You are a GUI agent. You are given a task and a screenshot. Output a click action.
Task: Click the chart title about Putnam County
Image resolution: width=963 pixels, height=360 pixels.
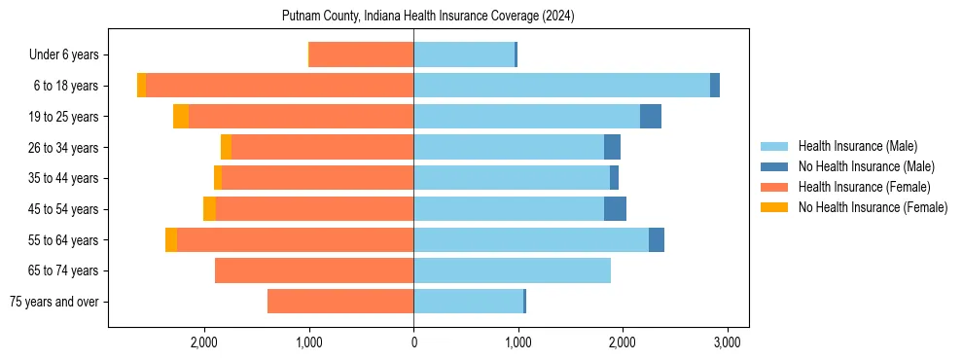(x=428, y=17)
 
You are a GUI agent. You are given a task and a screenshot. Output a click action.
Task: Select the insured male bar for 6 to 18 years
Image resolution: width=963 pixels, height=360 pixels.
(x=561, y=86)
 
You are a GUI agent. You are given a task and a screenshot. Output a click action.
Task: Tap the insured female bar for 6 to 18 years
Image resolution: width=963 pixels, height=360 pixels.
(x=279, y=86)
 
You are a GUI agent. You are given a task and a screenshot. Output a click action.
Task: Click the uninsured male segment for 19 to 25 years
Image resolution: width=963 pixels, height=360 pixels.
(x=651, y=117)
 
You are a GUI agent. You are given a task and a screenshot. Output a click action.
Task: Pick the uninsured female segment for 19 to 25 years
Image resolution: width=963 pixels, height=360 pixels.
(x=181, y=117)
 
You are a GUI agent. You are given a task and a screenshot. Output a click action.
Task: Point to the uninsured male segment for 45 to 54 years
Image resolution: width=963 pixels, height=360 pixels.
(x=615, y=209)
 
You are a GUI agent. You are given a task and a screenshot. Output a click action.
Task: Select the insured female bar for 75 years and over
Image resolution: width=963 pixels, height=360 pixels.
(x=340, y=302)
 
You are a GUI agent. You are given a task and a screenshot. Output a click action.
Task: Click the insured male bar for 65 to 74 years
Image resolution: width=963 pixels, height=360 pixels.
(x=512, y=270)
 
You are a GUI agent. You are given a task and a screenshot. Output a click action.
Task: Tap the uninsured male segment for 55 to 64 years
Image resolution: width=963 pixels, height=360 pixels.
(x=657, y=240)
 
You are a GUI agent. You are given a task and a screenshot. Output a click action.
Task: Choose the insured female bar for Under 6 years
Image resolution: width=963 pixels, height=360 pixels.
(x=362, y=54)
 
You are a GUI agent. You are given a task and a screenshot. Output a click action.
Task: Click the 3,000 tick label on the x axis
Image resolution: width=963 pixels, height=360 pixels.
(x=728, y=342)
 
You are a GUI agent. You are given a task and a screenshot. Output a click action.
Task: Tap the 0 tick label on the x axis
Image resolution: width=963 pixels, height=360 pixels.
(x=413, y=342)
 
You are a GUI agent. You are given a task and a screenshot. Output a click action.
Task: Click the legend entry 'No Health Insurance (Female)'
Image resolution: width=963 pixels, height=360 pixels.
(x=873, y=207)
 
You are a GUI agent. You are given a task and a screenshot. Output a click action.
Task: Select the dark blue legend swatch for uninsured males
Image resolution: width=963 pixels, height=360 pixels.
(x=775, y=166)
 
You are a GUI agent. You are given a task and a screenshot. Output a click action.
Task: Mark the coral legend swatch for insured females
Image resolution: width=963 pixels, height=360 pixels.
(x=775, y=187)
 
